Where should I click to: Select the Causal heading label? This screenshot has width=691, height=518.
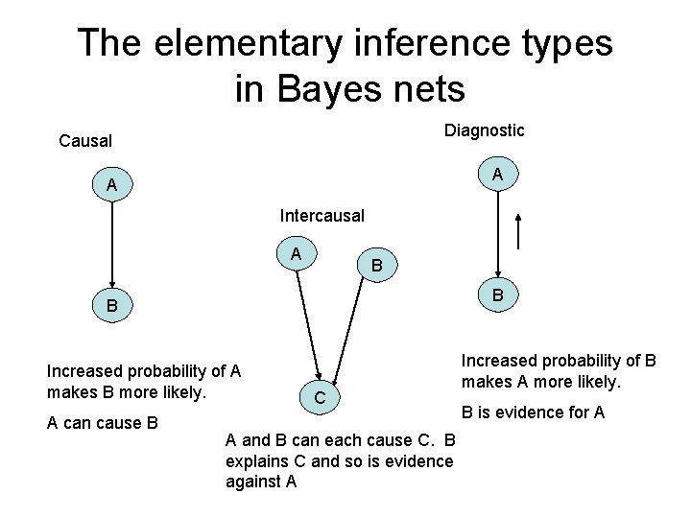coord(85,141)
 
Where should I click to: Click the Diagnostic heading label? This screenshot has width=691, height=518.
coord(484,129)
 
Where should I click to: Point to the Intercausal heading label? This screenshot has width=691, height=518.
coord(322,216)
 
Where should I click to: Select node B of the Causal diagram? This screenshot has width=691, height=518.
coord(112,307)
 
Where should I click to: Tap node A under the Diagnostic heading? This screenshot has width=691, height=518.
coord(497,175)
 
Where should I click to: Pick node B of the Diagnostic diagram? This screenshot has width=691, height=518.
coord(497,295)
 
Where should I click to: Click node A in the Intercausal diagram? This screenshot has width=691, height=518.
coord(297,253)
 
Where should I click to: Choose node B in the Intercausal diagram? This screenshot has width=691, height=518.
coord(377,265)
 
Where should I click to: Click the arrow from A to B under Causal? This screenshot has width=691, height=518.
coord(112,245)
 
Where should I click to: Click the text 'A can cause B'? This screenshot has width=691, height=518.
coord(102,423)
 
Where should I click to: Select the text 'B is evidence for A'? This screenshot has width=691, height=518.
coord(533,412)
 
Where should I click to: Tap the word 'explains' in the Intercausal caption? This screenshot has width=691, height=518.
coord(254,461)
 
